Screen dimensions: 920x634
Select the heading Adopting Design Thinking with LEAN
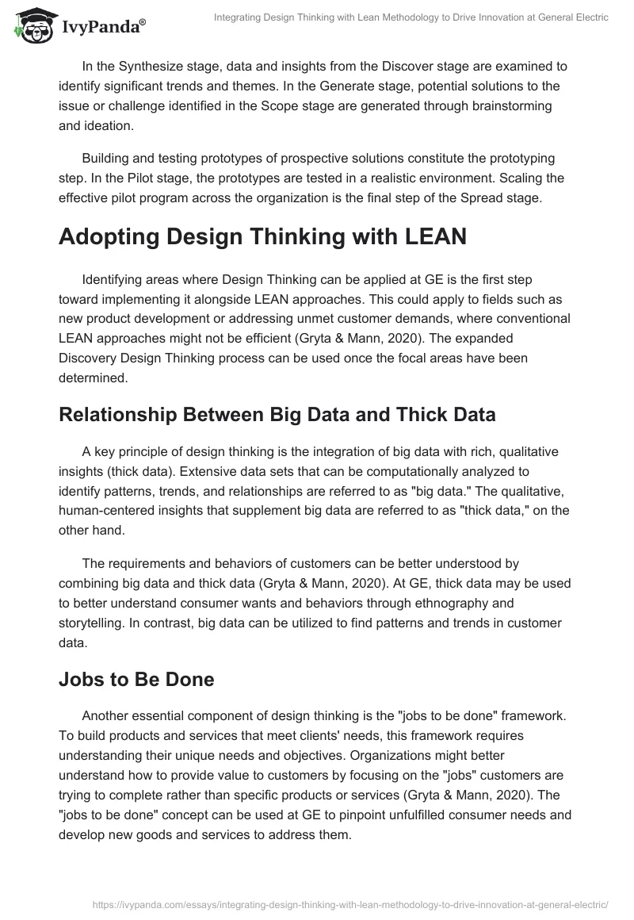263,239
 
